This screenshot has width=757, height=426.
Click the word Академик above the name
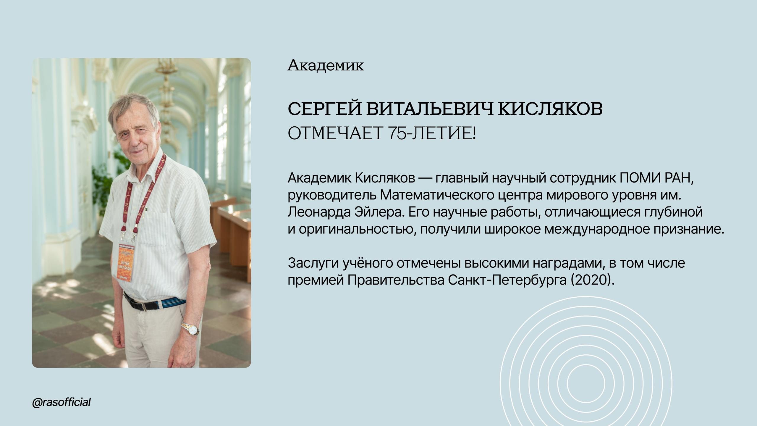326,65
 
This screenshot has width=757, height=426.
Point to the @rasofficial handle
62,402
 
